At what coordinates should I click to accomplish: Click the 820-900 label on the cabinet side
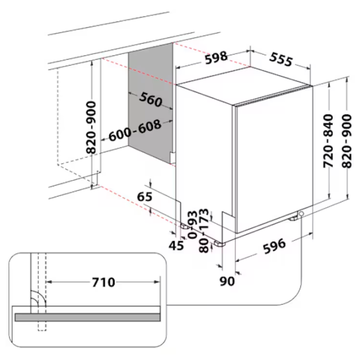91,127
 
